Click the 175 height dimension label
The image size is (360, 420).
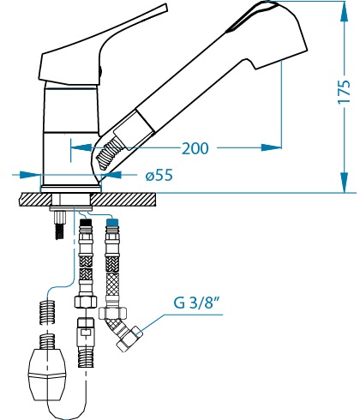coord(345,92)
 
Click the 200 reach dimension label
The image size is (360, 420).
coord(195,148)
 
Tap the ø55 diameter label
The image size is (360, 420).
coord(159,175)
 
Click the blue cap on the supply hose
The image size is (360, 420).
coord(112,221)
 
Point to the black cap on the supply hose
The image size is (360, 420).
coord(86,222)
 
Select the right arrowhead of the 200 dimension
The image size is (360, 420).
coord(272,147)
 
